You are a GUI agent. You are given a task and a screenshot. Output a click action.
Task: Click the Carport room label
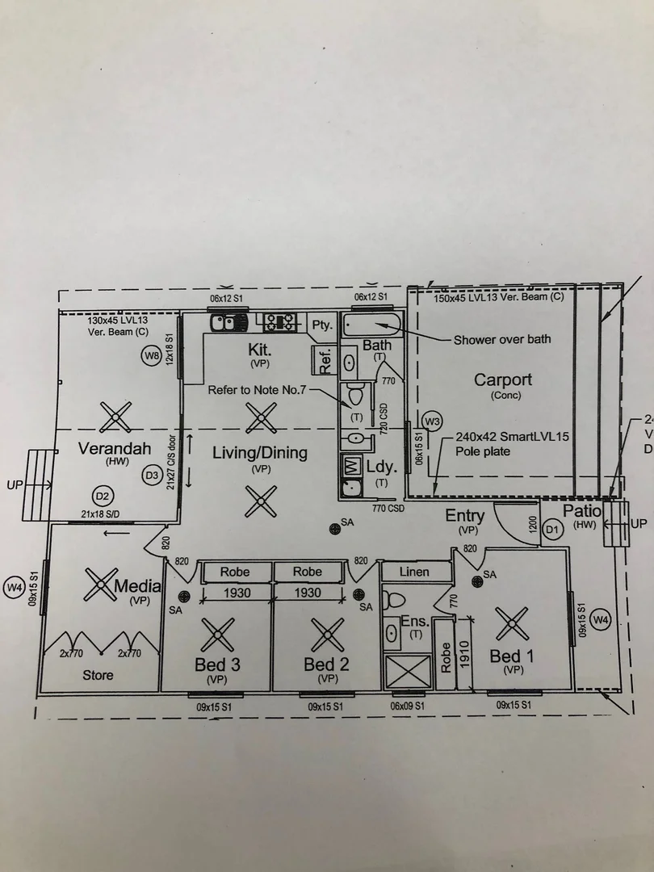click(503, 379)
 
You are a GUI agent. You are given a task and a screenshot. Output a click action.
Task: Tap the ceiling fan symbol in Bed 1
click(512, 623)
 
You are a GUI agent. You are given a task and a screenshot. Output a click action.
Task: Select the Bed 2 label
click(326, 664)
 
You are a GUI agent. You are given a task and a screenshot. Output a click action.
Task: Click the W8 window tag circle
click(151, 355)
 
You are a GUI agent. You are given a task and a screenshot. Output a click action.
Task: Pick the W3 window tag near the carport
click(433, 421)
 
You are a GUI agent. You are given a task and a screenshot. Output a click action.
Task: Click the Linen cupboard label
click(414, 572)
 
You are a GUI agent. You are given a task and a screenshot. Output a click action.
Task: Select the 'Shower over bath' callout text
click(502, 339)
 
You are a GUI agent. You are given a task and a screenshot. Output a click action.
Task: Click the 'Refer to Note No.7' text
click(258, 390)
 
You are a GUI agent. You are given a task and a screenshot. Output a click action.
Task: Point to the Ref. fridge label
click(325, 360)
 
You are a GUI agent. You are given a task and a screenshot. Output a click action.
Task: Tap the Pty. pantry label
click(322, 325)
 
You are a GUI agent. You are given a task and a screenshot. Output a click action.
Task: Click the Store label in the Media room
click(98, 675)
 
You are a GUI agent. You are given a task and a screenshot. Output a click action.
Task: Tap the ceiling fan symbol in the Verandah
click(115, 417)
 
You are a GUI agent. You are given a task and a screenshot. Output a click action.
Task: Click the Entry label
click(465, 516)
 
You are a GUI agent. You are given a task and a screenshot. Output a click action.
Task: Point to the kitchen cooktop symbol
click(280, 322)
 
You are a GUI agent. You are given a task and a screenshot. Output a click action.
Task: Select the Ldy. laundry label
click(381, 467)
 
